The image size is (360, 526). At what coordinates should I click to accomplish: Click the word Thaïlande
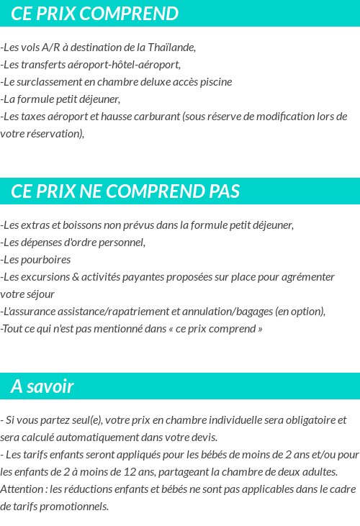171,47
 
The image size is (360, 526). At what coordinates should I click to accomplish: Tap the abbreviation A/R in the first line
51,47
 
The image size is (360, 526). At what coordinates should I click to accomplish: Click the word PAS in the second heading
224,191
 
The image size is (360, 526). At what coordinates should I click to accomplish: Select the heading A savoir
42,386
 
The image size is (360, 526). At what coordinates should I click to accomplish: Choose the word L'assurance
27,312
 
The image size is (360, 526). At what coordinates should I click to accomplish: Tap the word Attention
22,489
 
